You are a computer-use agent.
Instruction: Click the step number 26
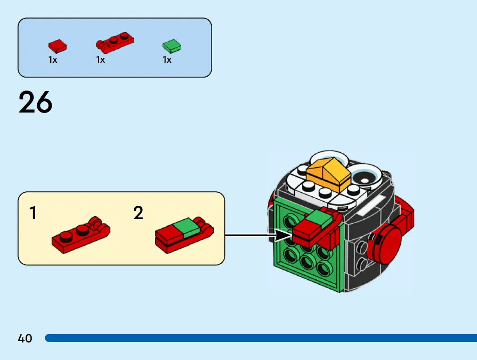tap(35, 102)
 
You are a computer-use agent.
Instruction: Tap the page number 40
tap(25, 338)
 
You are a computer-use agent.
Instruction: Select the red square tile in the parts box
tap(57, 46)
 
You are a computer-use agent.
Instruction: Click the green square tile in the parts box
tap(172, 46)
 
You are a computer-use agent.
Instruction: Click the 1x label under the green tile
tap(167, 60)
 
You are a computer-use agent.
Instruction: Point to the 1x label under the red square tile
tap(53, 60)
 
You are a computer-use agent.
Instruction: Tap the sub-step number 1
tap(33, 213)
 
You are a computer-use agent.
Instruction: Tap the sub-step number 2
tap(138, 213)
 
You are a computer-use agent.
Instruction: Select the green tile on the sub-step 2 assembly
tap(187, 228)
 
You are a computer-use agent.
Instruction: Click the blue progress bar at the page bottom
tap(261, 338)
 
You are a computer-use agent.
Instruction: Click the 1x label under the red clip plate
tap(101, 60)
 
